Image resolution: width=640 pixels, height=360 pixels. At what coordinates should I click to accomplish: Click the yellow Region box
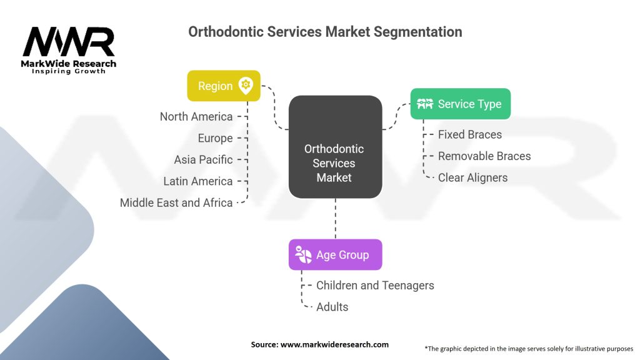click(224, 86)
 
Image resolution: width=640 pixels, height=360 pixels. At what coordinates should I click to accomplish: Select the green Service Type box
click(461, 104)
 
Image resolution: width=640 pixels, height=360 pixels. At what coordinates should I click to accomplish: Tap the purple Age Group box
click(335, 255)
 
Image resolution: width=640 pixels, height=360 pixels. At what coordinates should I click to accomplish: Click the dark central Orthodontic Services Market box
click(335, 147)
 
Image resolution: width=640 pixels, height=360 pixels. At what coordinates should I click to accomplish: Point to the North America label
click(196, 117)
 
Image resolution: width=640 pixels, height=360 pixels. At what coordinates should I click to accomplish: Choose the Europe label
click(215, 138)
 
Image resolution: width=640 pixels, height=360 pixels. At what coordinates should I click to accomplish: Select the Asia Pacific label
click(203, 159)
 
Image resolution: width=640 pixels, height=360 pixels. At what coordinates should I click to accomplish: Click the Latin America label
click(198, 181)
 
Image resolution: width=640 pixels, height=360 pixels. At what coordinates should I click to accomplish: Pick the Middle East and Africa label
click(176, 203)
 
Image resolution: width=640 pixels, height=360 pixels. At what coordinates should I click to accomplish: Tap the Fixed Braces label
click(470, 135)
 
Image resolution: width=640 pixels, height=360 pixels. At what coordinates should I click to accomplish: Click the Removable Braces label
click(484, 156)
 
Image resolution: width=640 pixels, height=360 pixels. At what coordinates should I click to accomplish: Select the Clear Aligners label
click(472, 178)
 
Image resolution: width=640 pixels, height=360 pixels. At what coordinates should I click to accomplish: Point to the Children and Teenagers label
click(375, 286)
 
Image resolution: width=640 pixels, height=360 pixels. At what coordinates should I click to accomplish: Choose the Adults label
click(332, 307)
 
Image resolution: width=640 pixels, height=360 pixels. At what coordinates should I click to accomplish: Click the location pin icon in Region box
click(246, 86)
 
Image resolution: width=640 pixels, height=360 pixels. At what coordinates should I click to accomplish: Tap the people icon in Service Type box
click(425, 104)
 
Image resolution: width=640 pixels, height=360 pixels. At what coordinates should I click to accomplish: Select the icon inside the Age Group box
click(303, 255)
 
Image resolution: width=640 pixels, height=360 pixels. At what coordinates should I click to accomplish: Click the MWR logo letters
click(69, 42)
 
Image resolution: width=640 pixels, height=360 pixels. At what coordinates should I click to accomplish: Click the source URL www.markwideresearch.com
click(335, 344)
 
